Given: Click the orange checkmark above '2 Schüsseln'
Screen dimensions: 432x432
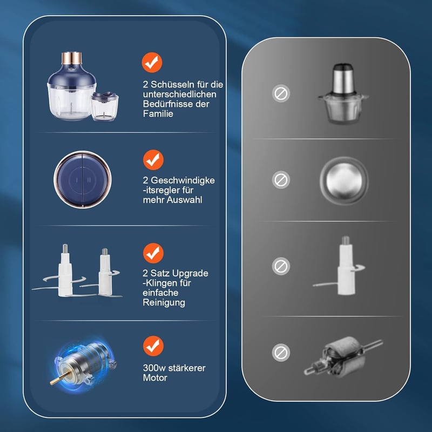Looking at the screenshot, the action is click(x=152, y=63).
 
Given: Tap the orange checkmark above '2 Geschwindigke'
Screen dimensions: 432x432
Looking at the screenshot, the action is click(x=153, y=160).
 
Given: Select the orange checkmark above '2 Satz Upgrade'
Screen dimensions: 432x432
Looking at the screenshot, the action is click(x=153, y=253).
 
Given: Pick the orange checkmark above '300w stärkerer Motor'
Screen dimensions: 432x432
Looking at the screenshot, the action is click(x=153, y=346).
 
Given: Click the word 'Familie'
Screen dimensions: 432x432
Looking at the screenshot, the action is click(x=158, y=113).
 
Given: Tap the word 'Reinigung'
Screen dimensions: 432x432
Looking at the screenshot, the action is click(x=164, y=302).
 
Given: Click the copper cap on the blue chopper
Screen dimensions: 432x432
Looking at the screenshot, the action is click(x=72, y=58).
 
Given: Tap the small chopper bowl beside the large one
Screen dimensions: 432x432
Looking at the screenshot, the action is click(x=105, y=106).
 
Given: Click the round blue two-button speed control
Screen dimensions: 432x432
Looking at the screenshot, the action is click(x=83, y=180).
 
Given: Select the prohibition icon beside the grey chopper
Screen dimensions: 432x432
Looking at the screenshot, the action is click(x=281, y=93).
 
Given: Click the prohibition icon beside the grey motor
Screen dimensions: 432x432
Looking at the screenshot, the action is click(x=281, y=353).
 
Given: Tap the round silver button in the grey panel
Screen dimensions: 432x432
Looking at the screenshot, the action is click(x=344, y=180).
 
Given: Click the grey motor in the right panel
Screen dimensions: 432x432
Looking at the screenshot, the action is click(x=343, y=357).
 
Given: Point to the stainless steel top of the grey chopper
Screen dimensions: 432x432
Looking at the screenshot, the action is click(x=343, y=79).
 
